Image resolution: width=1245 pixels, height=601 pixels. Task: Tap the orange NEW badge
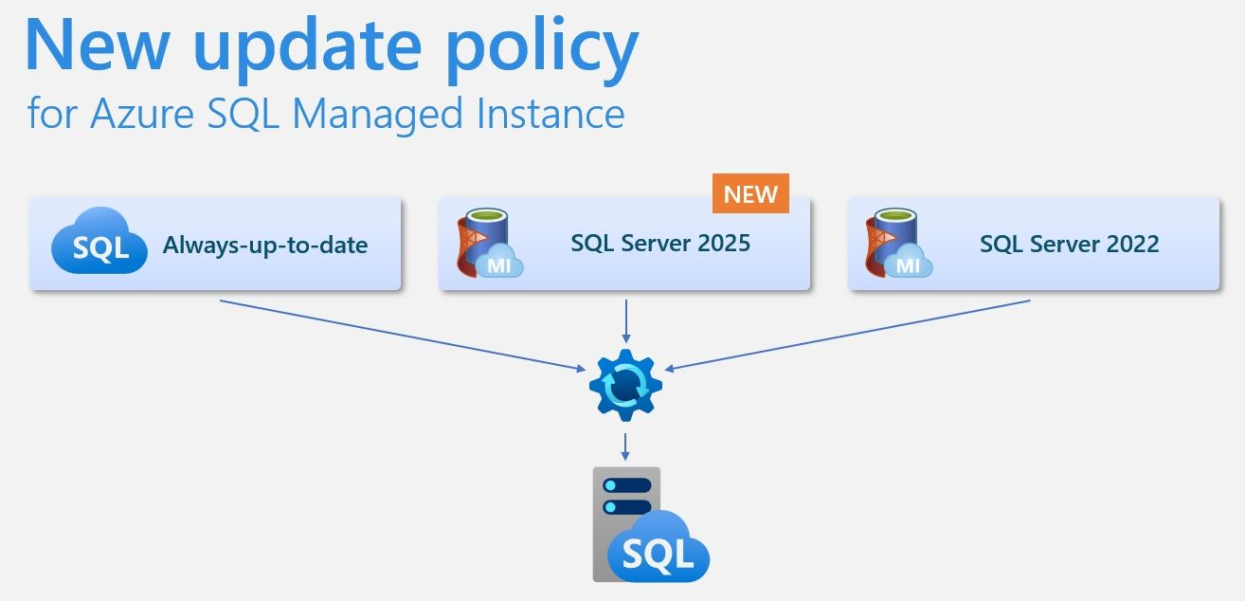tap(750, 194)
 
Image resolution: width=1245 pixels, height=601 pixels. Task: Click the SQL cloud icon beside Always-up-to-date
tap(99, 244)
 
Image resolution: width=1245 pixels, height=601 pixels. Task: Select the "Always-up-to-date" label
tap(265, 246)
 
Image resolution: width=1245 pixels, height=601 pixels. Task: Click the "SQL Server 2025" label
tap(660, 244)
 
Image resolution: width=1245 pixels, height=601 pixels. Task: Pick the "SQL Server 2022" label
tap(1069, 244)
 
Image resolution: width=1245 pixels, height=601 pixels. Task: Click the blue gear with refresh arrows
tap(625, 385)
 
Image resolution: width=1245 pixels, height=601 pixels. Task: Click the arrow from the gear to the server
tap(625, 446)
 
